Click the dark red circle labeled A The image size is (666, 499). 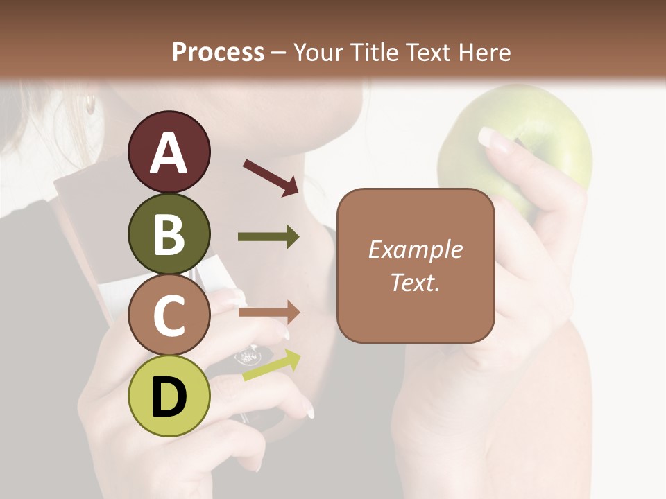169,152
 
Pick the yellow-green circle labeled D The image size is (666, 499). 169,396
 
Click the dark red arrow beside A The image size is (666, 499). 271,177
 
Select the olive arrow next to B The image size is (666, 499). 268,237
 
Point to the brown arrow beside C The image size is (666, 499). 268,313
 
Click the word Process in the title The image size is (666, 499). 218,52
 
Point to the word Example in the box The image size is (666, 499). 415,249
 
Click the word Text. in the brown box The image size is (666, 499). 415,282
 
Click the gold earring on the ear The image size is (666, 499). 90,105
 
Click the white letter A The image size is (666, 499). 169,153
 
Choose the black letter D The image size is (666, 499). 169,397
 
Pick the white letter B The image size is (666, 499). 169,234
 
